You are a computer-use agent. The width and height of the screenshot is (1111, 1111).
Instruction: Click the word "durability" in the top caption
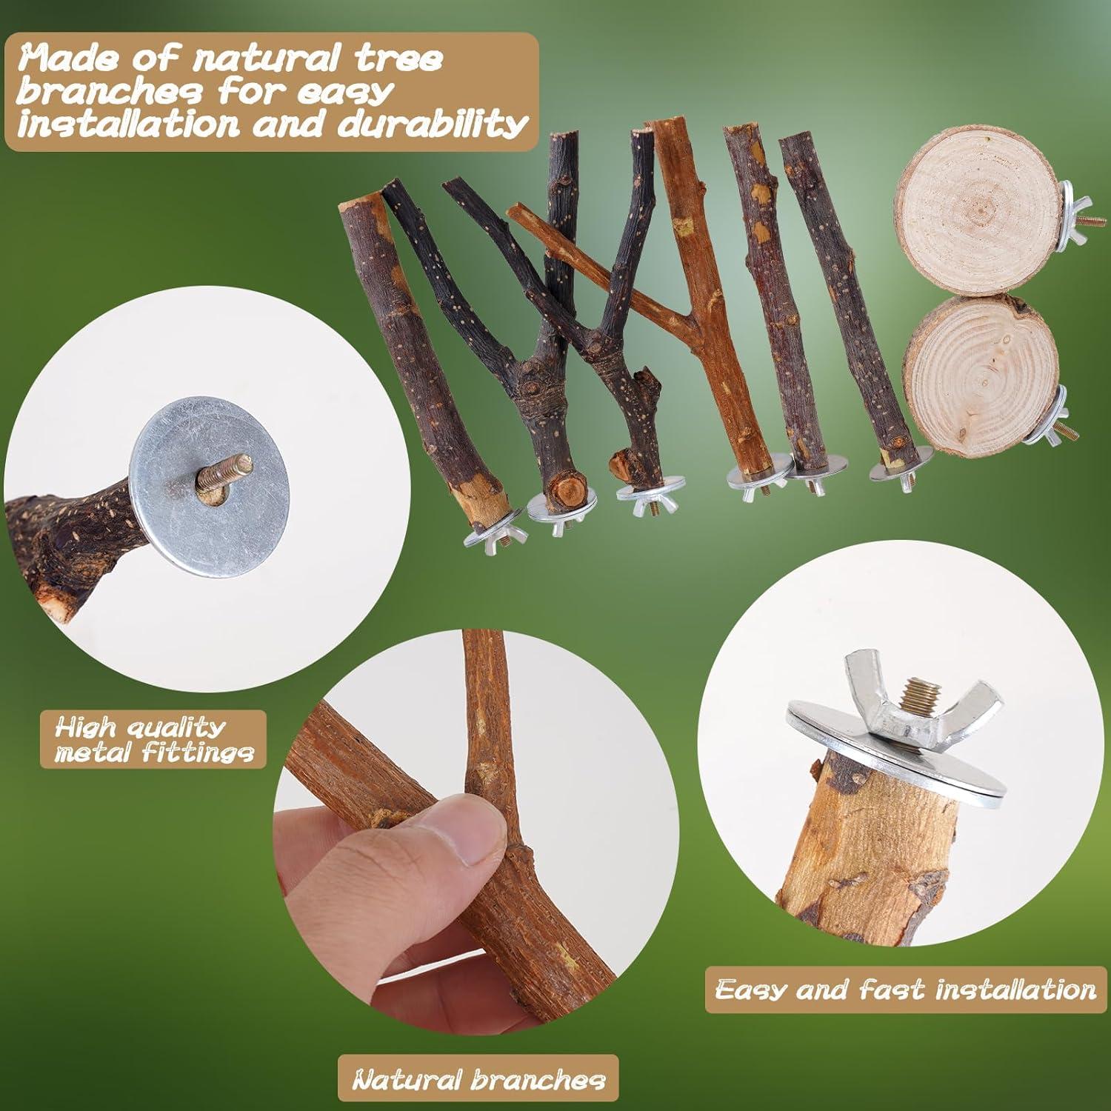point(432,124)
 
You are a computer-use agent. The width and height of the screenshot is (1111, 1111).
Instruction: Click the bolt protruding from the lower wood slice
point(1070,429)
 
